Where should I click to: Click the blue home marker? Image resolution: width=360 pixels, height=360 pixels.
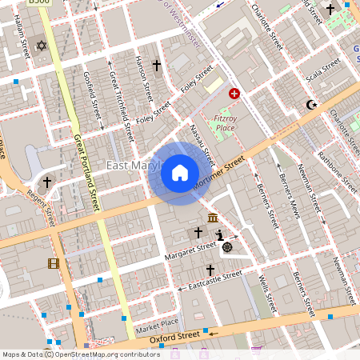tap(180, 172)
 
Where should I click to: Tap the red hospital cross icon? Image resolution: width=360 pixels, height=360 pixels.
tap(234, 94)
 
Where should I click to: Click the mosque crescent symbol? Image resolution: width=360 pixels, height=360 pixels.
tap(312, 105)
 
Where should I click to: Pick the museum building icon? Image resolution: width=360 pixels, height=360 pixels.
tap(213, 218)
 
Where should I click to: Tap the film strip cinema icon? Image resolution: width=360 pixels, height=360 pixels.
tap(53, 263)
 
